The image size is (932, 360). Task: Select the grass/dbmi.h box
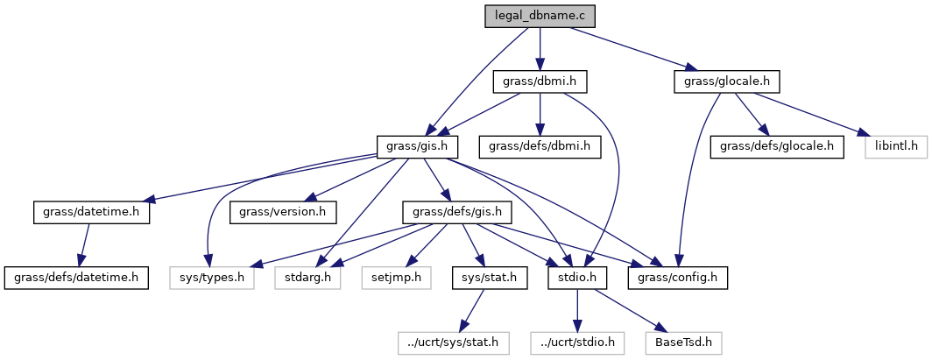539,82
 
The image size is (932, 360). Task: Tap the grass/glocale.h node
726,82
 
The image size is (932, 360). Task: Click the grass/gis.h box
416,146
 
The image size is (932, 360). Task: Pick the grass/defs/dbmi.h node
539,146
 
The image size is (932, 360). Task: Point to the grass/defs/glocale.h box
777,146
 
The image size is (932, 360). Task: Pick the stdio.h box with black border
576,277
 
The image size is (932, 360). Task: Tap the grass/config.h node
677,277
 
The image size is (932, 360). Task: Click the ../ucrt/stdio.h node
576,342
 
